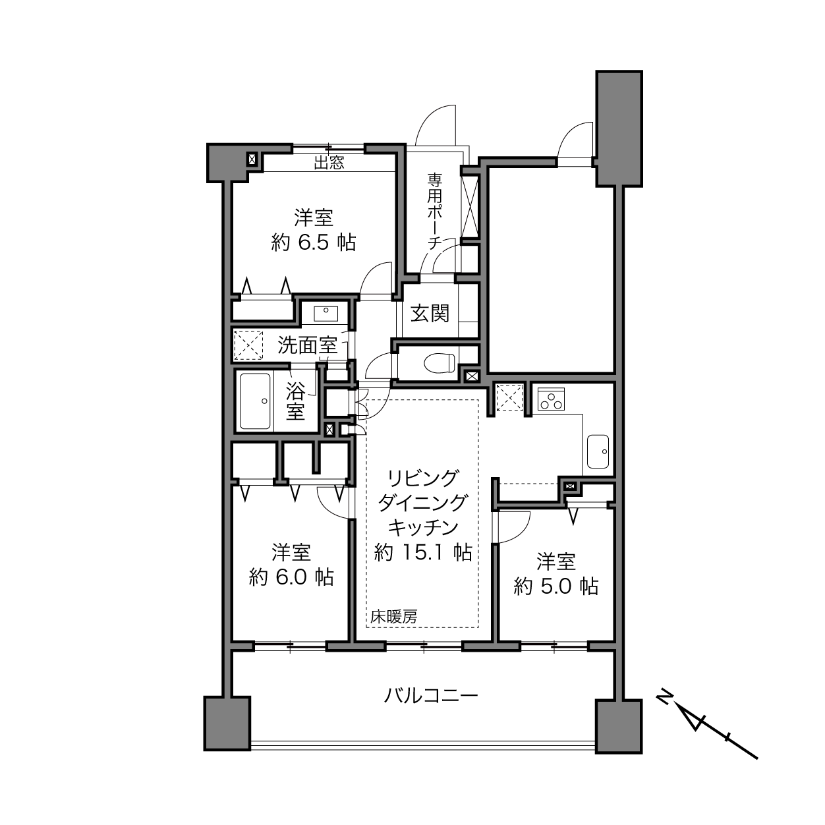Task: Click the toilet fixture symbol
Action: click(440, 362)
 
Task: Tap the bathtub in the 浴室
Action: click(255, 401)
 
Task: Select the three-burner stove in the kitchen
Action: click(551, 399)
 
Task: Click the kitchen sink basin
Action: click(598, 451)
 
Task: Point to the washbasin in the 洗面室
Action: click(326, 314)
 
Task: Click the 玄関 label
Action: click(430, 314)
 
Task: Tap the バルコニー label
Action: click(431, 696)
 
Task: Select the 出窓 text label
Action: click(329, 163)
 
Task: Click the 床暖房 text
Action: click(393, 617)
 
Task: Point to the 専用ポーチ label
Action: click(434, 211)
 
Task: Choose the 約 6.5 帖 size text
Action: click(314, 243)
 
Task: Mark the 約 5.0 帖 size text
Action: click(555, 586)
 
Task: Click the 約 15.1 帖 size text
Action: click(423, 552)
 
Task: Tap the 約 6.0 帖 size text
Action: click(291, 577)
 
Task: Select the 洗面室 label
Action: click(307, 345)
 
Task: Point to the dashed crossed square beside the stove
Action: click(509, 398)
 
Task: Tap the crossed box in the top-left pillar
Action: click(252, 159)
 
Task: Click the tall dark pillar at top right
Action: click(619, 128)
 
